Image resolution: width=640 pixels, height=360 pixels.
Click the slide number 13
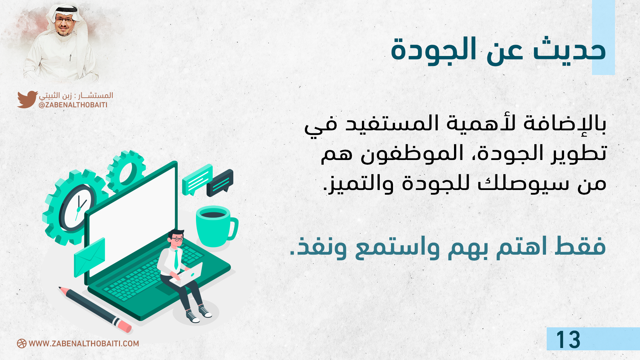point(568,340)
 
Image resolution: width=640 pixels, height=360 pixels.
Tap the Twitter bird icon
point(27,99)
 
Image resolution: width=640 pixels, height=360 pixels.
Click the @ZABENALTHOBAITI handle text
point(73,105)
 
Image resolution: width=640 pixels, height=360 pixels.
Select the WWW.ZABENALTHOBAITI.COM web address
point(84,344)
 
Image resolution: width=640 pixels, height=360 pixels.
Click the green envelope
point(89,257)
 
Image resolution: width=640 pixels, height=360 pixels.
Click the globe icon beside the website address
point(22,344)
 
